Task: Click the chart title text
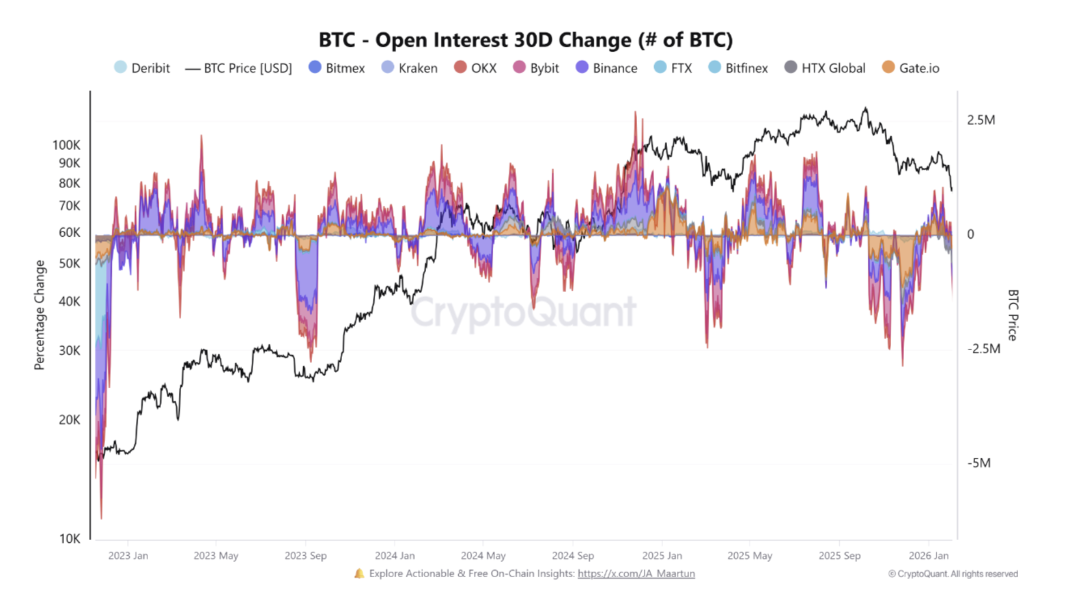526,40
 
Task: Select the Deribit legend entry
142,68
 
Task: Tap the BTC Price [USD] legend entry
239,68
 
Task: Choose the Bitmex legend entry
337,68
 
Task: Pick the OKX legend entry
476,68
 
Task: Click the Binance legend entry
607,68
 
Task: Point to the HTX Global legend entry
825,68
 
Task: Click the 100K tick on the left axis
66,145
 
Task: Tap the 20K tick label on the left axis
69,420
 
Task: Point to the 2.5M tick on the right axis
980,120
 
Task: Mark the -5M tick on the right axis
979,463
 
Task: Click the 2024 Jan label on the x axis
394,555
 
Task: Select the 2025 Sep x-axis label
839,555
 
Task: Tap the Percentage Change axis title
39,315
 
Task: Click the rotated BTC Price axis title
1012,315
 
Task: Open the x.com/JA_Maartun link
636,574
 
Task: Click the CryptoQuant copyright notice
953,574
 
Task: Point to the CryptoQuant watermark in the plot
523,311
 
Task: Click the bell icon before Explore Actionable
359,574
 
